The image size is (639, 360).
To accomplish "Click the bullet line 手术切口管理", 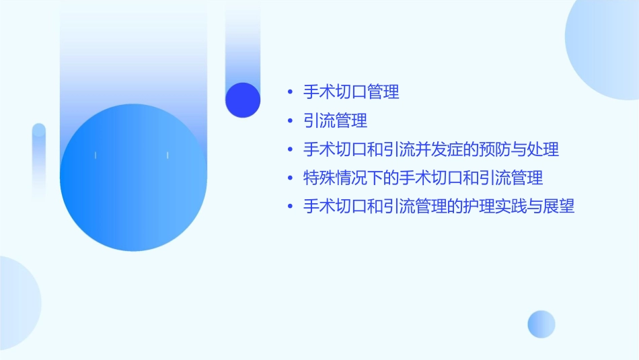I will point(351,92).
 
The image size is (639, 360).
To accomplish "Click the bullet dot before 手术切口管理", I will point(289,92).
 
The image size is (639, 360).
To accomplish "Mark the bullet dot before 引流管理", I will point(289,122).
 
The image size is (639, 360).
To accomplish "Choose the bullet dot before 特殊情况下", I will point(289,179).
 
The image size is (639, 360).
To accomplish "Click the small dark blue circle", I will point(243,100).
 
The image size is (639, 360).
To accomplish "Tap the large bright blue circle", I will point(133,178).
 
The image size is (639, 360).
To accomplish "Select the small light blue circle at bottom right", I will point(541,324).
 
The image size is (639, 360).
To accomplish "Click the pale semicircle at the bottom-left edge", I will point(17,303).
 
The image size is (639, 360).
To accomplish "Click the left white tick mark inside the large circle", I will point(96,155).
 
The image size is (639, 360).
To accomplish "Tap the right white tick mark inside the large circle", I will point(167,155).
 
